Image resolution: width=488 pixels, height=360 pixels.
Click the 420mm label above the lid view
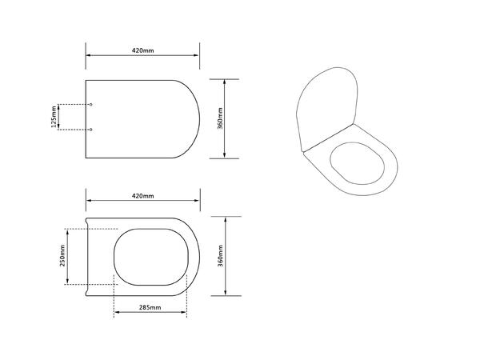142,50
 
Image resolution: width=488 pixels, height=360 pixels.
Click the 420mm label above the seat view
142,196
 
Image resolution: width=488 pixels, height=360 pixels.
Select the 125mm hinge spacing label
54,117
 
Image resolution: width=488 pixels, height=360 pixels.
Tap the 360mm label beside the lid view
220,118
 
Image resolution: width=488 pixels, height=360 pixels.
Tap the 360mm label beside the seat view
220,256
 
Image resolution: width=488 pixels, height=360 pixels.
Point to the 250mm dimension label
62,255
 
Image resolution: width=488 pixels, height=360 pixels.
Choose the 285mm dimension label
150,307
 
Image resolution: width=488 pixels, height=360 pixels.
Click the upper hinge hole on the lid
90,105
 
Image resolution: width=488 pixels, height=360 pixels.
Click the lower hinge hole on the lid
90,130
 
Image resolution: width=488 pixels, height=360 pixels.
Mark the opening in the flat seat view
114,257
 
